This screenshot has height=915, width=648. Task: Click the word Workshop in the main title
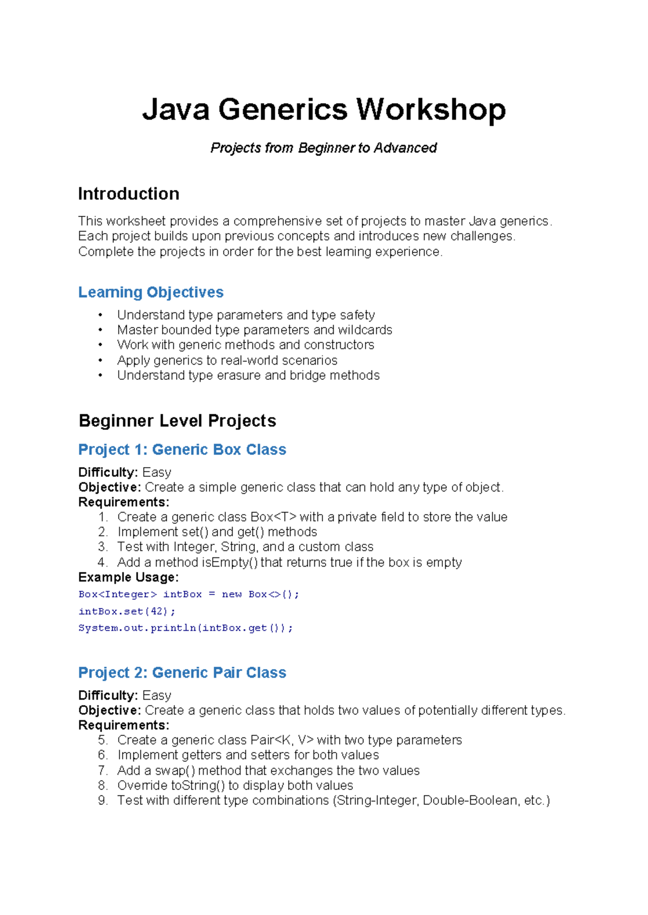[x=430, y=110]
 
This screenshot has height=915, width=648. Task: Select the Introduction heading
[x=129, y=194]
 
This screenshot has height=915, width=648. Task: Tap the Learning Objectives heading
[x=151, y=292]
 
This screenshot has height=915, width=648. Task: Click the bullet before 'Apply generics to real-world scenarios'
[x=100, y=360]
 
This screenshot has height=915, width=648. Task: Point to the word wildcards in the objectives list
[x=365, y=330]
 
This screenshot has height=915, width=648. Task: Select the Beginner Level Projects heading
[x=177, y=421]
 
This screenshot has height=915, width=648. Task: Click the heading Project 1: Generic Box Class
[x=182, y=449]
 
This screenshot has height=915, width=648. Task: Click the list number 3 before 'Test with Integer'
[x=103, y=547]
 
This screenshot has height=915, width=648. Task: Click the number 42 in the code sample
[x=158, y=611]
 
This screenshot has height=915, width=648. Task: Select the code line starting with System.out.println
[x=185, y=628]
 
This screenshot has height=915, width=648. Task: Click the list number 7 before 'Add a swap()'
[x=103, y=770]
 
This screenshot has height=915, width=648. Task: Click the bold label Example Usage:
[x=128, y=577]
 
